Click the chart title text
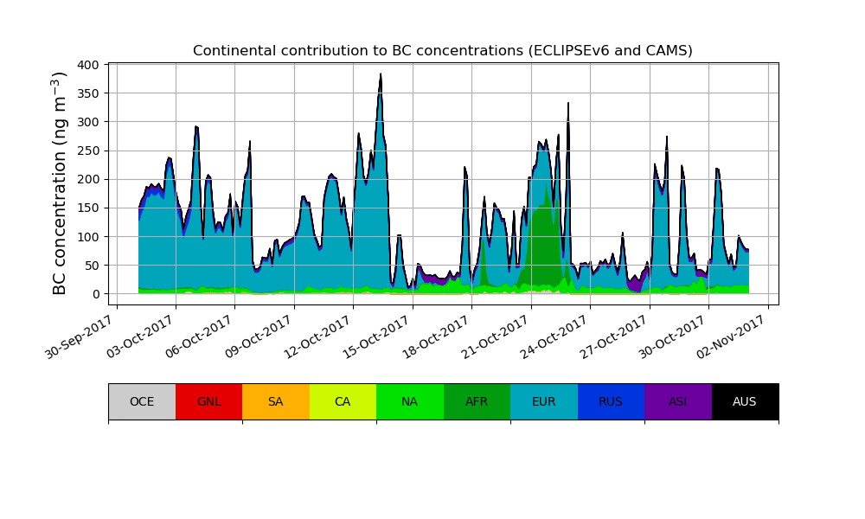pyautogui.click(x=442, y=51)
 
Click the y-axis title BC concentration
pyautogui.click(x=60, y=183)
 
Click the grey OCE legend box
pyautogui.click(x=142, y=401)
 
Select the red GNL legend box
pyautogui.click(x=208, y=401)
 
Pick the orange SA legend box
pyautogui.click(x=276, y=401)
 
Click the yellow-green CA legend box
pyautogui.click(x=343, y=401)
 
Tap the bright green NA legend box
pyautogui.click(x=410, y=401)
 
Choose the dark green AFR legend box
pyautogui.click(x=477, y=401)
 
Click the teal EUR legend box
pyautogui.click(x=544, y=401)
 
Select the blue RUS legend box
pyautogui.click(x=611, y=401)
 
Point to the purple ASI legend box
pyautogui.click(x=678, y=401)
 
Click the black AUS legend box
pyautogui.click(x=745, y=401)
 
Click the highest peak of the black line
pyautogui.click(x=381, y=74)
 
